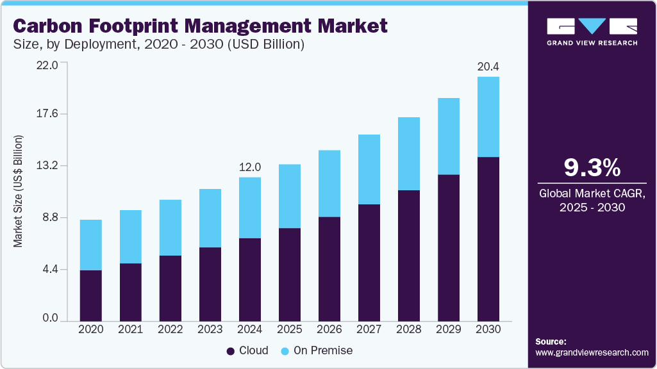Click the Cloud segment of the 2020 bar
click(x=90, y=295)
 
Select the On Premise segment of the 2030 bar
click(x=488, y=117)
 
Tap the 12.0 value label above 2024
click(x=249, y=167)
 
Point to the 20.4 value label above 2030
click(x=488, y=66)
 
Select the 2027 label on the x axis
click(x=369, y=329)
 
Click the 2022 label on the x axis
click(x=170, y=329)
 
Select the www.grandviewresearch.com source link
click(x=592, y=352)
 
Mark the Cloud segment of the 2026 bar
click(x=329, y=269)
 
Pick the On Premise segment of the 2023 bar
click(x=210, y=218)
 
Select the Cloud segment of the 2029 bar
click(x=448, y=247)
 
